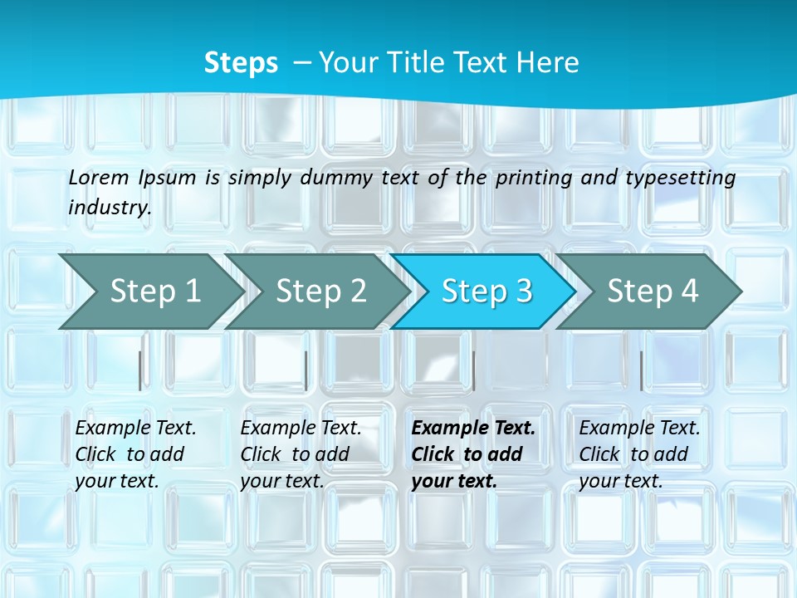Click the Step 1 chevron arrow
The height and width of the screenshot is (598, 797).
pos(154,291)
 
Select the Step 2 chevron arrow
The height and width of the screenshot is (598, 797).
pos(320,291)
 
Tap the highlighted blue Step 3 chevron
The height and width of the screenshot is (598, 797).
pos(487,291)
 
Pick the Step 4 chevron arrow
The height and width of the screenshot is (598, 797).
pos(653,291)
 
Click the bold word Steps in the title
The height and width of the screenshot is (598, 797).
pos(241,63)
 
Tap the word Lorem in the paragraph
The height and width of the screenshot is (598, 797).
pos(99,177)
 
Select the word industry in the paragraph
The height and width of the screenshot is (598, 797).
pos(110,207)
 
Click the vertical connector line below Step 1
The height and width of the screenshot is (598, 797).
pos(139,370)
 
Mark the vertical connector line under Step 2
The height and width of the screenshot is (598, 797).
pos(306,370)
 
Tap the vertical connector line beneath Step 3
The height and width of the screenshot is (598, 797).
pos(473,370)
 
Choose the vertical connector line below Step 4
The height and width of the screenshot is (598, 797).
pos(641,370)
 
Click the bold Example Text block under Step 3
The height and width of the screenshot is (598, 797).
pos(473,454)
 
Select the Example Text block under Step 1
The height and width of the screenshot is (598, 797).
pos(135,454)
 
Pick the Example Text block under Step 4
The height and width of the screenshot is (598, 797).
pos(639,454)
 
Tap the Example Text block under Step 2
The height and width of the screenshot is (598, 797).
pos(301,454)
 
